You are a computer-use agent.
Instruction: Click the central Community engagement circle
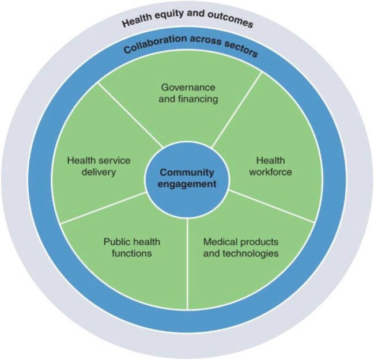point(187,179)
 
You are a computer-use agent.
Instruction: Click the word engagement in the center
point(187,184)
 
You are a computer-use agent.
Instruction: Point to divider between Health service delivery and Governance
point(130,112)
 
